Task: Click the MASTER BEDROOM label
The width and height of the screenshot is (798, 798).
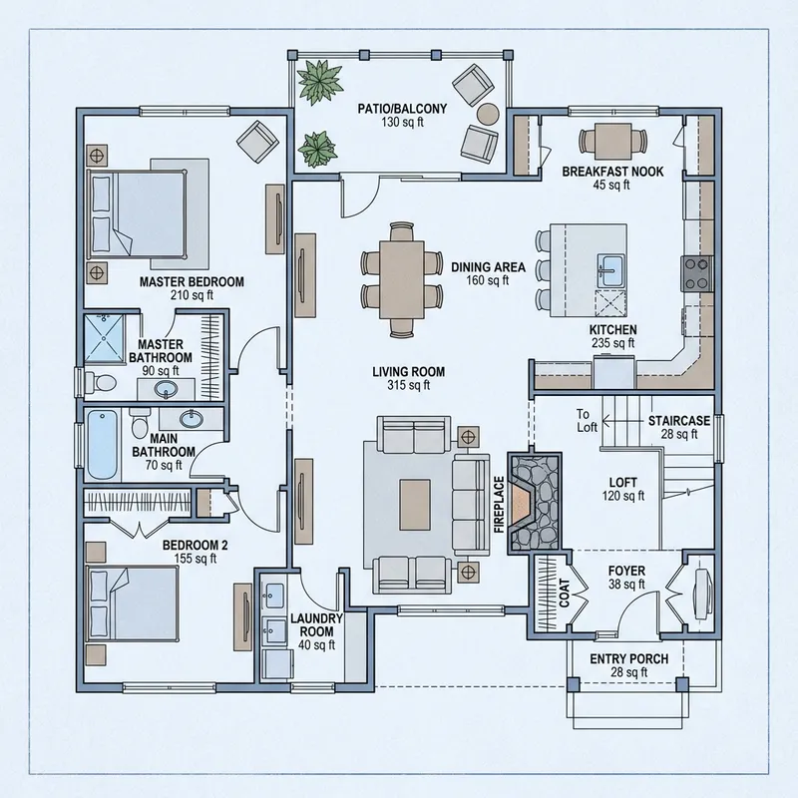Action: tap(192, 282)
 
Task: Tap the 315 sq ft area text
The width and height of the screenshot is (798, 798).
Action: tap(408, 385)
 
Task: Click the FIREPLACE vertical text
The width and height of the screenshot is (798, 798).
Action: tap(498, 503)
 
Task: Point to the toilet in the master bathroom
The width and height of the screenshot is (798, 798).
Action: tap(96, 381)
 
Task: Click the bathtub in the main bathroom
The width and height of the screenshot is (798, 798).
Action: tap(102, 443)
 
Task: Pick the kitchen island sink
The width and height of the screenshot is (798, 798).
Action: tap(610, 268)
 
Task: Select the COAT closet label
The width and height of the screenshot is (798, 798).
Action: tap(564, 597)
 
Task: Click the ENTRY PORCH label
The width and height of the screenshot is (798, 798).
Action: tap(628, 659)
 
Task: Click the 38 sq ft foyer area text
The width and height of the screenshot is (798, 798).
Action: tap(628, 586)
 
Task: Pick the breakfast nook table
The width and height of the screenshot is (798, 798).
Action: tap(610, 138)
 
